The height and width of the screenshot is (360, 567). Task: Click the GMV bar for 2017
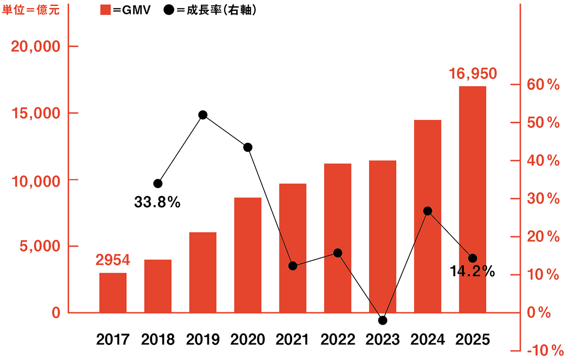113,292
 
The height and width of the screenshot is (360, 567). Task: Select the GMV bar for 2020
248,255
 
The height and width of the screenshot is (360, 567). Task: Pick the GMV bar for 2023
383,236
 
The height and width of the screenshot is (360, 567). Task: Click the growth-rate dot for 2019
203,115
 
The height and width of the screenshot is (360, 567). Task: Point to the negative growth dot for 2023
383,320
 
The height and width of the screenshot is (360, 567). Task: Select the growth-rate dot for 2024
428,211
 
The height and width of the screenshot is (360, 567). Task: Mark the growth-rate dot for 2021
292,266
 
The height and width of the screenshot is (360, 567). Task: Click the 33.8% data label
157,203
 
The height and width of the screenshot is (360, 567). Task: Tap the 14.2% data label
472,272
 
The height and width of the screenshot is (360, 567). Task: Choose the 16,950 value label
472,74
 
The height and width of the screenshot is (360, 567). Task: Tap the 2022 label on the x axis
337,339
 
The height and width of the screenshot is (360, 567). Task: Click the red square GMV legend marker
105,10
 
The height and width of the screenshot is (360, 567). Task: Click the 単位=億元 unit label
31,10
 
